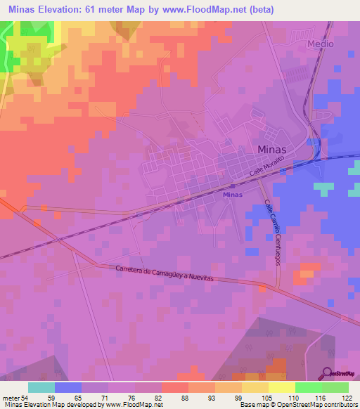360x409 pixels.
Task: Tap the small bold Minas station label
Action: tap(232, 194)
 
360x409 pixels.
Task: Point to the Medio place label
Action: tap(320, 44)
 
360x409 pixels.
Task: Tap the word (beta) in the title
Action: tap(256, 9)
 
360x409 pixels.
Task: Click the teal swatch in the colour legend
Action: tap(41, 387)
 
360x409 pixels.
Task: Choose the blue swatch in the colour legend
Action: tap(68, 387)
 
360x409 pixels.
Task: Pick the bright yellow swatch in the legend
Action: tap(282, 387)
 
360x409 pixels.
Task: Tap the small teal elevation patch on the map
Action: tap(324, 188)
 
